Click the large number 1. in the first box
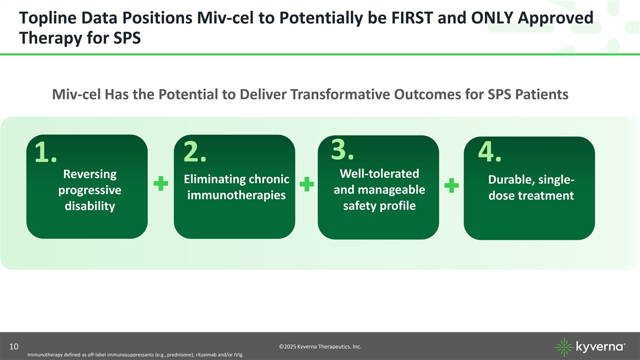(x=46, y=152)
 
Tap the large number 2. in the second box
(x=195, y=151)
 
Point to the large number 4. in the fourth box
(x=490, y=151)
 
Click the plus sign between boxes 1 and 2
(x=161, y=183)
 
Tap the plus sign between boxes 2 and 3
(x=307, y=184)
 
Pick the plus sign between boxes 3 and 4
(x=452, y=186)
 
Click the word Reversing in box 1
(x=90, y=174)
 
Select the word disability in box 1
(x=90, y=206)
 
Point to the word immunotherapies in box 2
(x=236, y=195)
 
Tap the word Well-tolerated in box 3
(x=379, y=173)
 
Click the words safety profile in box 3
(x=379, y=206)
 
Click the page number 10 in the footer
(x=14, y=347)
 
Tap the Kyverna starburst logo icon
(x=564, y=347)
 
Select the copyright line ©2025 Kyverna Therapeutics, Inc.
(x=320, y=347)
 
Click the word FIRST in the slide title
(x=412, y=18)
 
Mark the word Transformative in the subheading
(x=340, y=94)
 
